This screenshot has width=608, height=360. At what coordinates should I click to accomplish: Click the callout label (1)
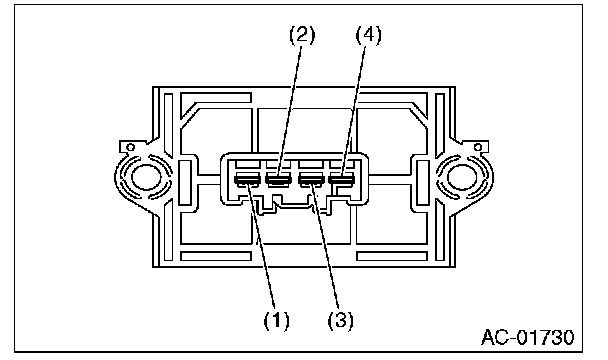[x=276, y=320]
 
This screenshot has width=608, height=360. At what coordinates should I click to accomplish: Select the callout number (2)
[x=302, y=35]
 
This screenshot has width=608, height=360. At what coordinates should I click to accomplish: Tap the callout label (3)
[x=341, y=320]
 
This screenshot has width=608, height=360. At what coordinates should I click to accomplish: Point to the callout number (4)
[x=369, y=35]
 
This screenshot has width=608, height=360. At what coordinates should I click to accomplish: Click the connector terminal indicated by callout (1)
[x=247, y=179]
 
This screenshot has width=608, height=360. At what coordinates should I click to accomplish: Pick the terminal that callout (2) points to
[x=278, y=179]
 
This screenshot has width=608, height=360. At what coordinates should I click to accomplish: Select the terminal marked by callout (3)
[x=311, y=179]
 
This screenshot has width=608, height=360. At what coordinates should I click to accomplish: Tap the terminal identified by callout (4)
[x=341, y=179]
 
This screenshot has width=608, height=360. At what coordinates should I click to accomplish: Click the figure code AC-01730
[x=528, y=338]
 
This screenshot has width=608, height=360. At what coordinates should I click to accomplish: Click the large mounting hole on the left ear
[x=146, y=177]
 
